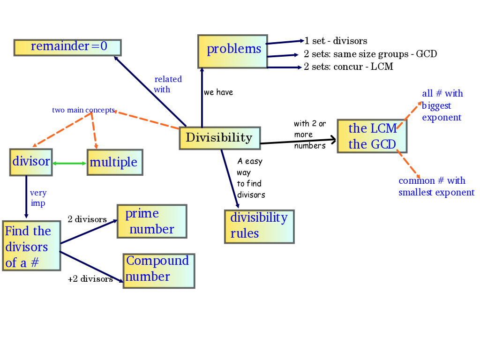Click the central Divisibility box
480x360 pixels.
tap(219, 138)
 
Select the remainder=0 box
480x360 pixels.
tap(67, 47)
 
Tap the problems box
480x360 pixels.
tap(232, 51)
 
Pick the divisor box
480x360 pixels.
tap(31, 162)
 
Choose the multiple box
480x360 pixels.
tap(114, 162)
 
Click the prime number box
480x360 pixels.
tap(151, 221)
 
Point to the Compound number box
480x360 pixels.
tap(158, 270)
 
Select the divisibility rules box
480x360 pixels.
tap(259, 226)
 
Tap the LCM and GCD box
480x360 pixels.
tap(372, 136)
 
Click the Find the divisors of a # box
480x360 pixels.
tap(31, 247)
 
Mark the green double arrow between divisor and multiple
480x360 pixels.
tap(69, 163)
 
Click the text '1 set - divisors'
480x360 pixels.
tap(336, 41)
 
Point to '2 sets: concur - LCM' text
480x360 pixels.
tap(348, 67)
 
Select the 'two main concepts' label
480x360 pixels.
tap(83, 110)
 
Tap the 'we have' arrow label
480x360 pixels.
tap(218, 92)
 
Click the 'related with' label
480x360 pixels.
tap(167, 84)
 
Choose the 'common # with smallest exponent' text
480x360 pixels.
tap(436, 187)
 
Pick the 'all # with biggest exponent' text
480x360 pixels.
tap(442, 105)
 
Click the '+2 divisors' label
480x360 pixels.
tap(90, 279)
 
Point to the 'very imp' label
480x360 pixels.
tap(38, 198)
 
